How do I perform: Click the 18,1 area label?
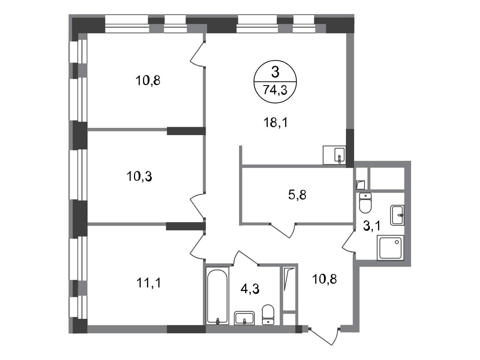276,122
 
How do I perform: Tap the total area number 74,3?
275,90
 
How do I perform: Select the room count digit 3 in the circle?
275,72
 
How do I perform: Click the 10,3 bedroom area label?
139,176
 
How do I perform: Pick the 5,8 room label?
297,195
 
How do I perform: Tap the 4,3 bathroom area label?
250,289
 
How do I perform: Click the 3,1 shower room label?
372,226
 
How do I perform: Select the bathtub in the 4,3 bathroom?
217,296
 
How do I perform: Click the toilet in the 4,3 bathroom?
268,314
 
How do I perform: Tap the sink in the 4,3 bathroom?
244,318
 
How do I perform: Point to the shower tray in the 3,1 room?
390,248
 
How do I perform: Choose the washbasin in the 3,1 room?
397,215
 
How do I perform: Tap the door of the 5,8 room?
283,231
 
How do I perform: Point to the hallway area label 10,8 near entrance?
325,279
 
